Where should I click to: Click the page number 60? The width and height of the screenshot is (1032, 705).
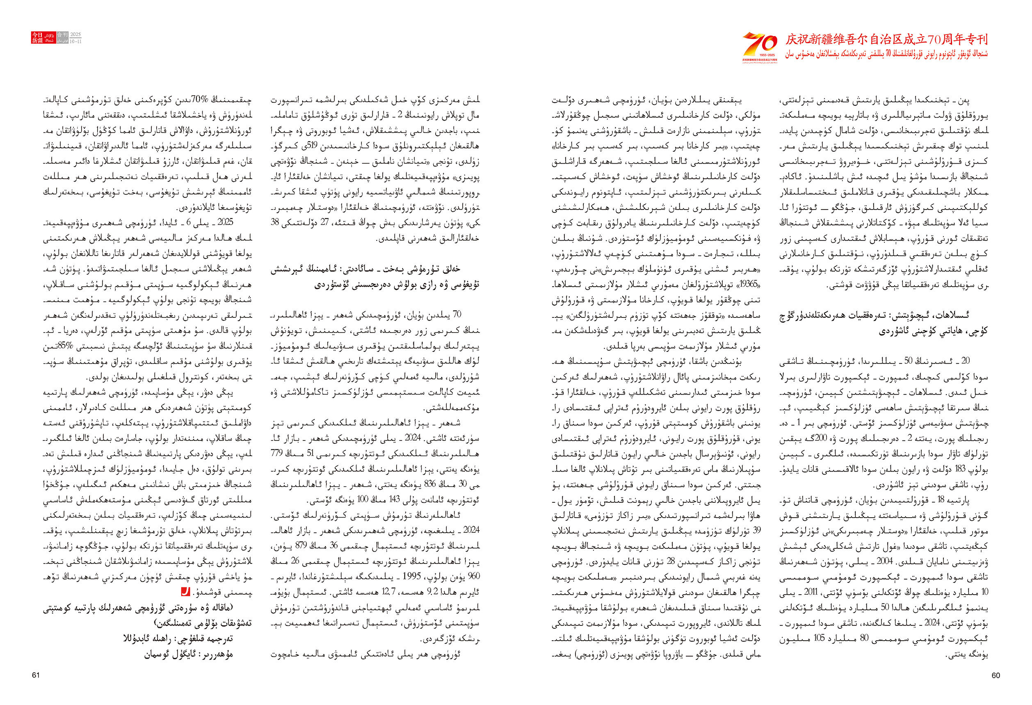click(995, 675)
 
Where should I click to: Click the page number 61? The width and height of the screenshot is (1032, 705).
click(36, 675)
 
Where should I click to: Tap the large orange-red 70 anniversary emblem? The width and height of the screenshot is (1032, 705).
click(760, 44)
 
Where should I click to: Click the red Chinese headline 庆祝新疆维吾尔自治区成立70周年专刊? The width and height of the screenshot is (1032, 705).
click(886, 39)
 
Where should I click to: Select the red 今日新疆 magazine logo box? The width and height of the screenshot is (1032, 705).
click(37, 38)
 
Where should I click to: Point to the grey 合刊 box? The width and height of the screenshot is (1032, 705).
click(63, 34)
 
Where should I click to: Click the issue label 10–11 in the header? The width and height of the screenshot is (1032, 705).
click(75, 41)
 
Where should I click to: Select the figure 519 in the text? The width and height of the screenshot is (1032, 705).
click(316, 146)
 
